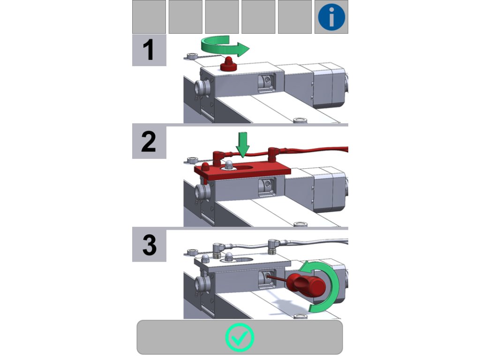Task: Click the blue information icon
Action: point(331,17)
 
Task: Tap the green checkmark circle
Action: point(240,337)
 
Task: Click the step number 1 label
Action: point(149,50)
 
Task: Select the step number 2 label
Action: point(149,142)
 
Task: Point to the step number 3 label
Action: point(149,246)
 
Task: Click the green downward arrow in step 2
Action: point(243,145)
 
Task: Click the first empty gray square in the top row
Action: point(149,17)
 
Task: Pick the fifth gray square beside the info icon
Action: point(294,17)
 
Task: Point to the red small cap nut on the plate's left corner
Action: point(205,167)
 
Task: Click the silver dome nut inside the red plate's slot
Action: point(228,165)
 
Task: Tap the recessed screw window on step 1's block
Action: point(267,82)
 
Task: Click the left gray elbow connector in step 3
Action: point(217,249)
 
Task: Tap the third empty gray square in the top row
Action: point(222,17)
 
